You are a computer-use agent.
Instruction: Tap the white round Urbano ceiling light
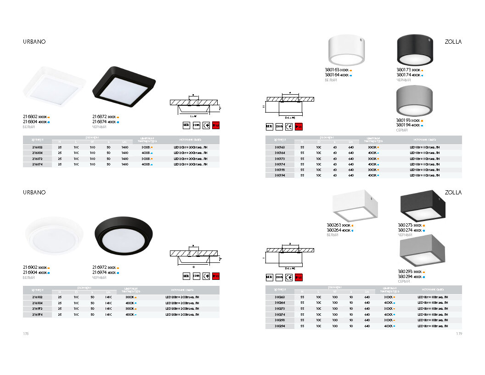pos(54,239)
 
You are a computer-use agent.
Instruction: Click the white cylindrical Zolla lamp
pos(346,51)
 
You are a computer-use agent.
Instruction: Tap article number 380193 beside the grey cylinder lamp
pos(404,120)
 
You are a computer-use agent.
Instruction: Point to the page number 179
pos(459,334)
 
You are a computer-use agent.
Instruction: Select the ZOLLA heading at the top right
pos(453,42)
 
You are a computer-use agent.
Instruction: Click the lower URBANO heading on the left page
pos(34,192)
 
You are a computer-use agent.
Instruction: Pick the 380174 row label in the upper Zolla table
pos(280,164)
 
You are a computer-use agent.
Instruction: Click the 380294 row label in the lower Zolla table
pos(280,326)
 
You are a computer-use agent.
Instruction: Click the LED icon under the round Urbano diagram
pos(186,276)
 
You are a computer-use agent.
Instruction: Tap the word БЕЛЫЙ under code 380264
pos(333,235)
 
